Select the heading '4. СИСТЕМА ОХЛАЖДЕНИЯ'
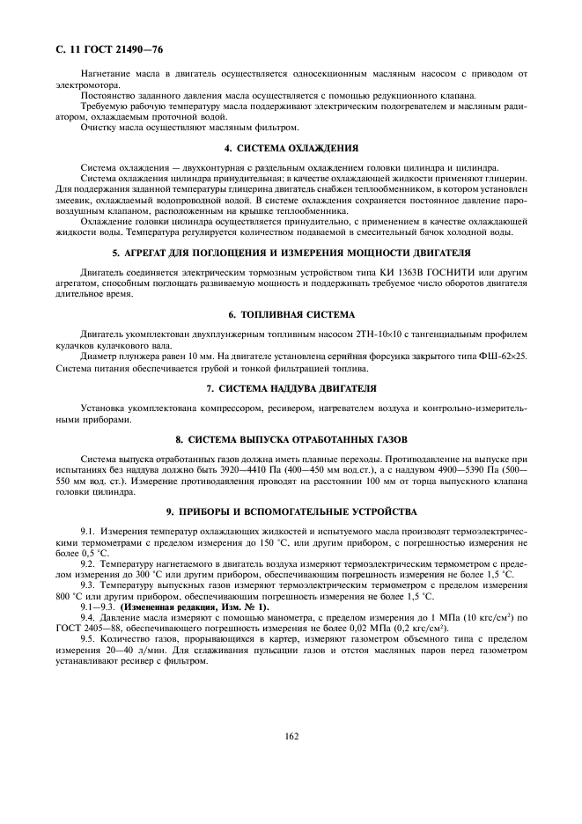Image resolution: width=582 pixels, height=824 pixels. pos(290,148)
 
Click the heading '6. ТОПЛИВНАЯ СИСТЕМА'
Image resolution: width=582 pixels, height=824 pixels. pos(290,314)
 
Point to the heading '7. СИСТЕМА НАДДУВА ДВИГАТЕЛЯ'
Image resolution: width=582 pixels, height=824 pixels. pos(290,388)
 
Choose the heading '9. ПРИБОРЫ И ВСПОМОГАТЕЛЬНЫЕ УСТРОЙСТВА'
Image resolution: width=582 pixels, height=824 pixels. pos(290,511)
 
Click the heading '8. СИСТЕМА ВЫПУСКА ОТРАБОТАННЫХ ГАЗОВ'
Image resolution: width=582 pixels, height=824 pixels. pos(290,438)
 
